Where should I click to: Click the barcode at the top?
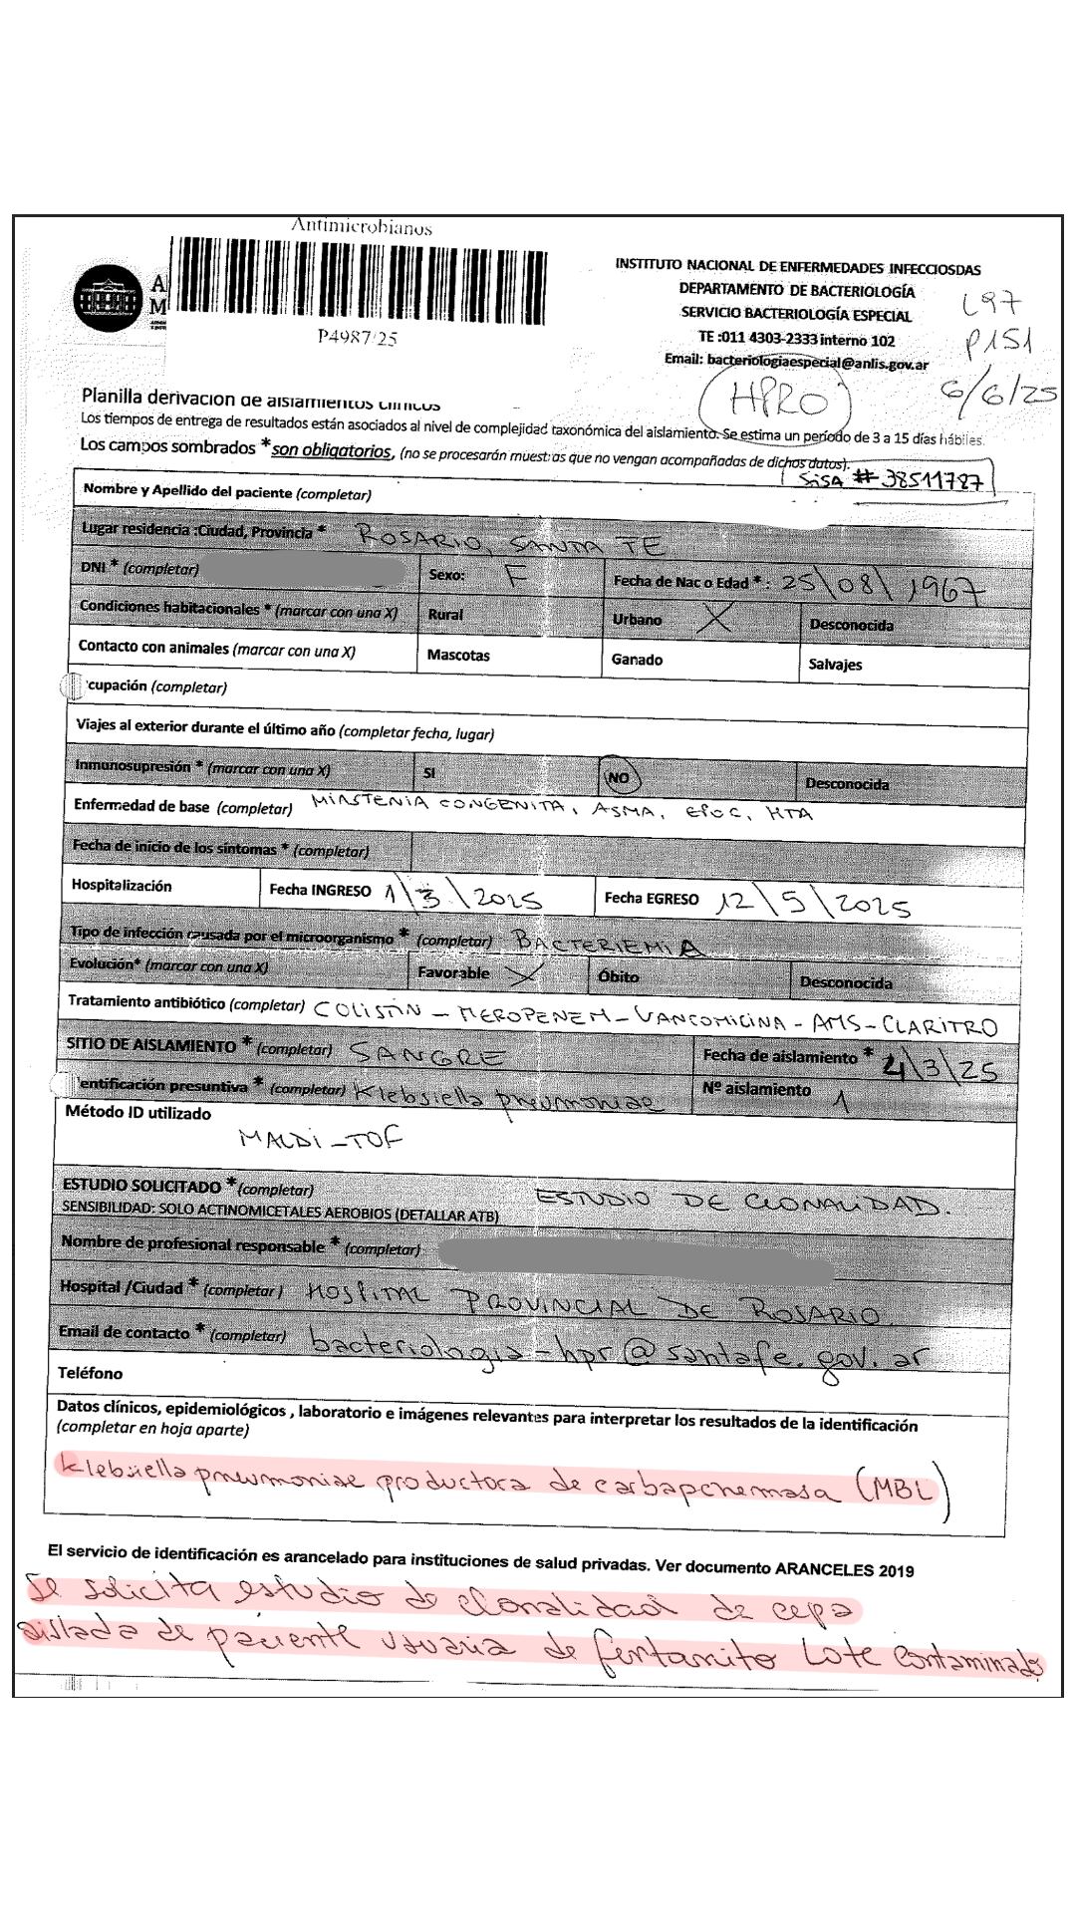(x=361, y=282)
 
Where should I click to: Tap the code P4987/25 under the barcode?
(x=358, y=338)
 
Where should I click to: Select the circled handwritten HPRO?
(x=778, y=401)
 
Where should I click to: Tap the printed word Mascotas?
(x=458, y=656)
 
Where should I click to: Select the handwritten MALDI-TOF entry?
(x=321, y=1139)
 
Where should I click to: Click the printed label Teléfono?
(x=90, y=1373)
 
